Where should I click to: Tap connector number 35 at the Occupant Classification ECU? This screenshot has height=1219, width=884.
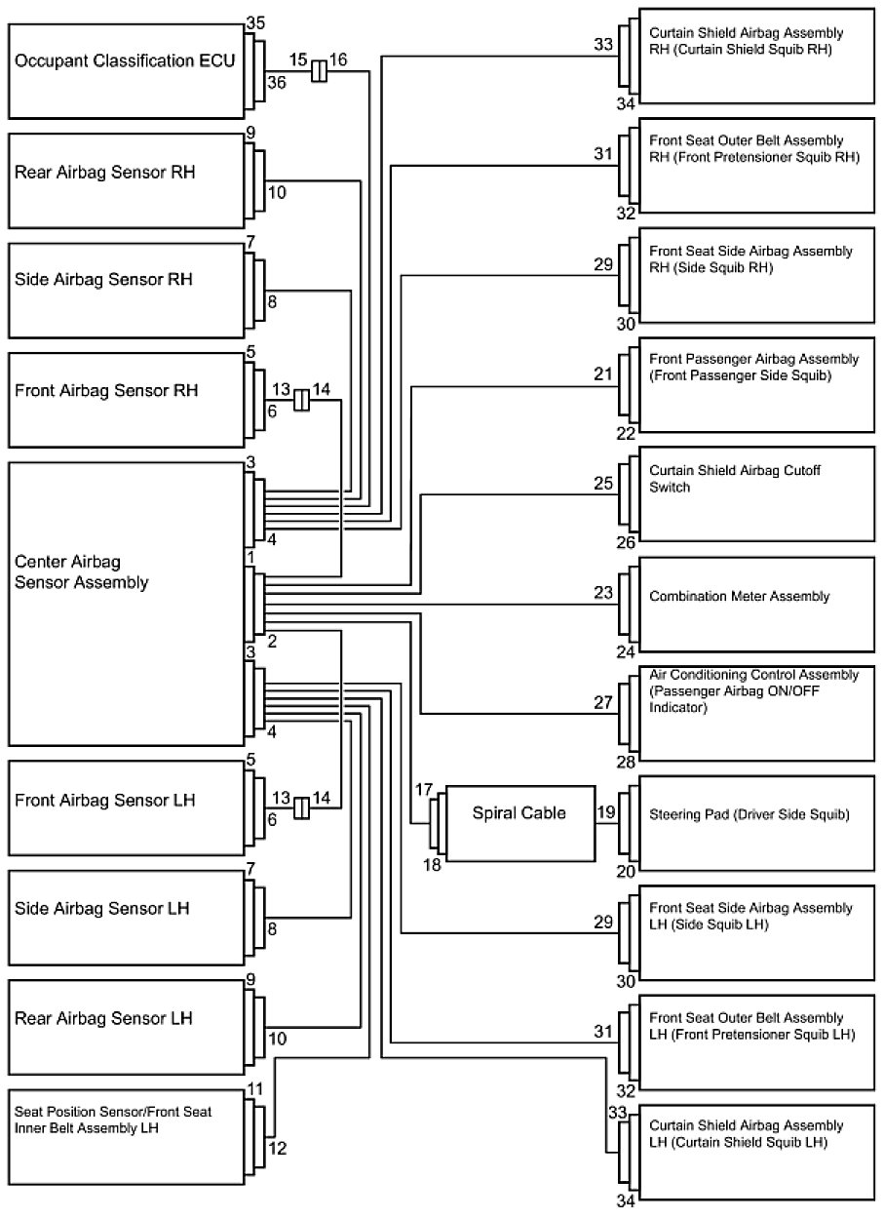tap(255, 22)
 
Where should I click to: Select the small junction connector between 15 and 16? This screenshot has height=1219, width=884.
tap(318, 71)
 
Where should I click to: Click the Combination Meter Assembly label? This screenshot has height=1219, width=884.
tap(740, 597)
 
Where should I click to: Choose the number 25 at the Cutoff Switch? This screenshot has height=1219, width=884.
tap(603, 482)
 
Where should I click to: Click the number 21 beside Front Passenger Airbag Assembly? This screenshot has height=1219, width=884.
tap(603, 374)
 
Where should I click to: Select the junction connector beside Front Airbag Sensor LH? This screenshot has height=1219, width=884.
tap(302, 807)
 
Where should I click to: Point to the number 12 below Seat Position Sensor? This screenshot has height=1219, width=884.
tap(277, 1148)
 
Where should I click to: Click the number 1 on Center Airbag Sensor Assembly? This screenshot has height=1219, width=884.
tap(250, 558)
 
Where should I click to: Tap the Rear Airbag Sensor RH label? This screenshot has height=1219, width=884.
tap(105, 173)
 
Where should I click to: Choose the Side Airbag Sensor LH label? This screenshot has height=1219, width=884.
tap(102, 908)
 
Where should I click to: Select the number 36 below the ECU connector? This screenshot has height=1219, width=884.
tap(277, 83)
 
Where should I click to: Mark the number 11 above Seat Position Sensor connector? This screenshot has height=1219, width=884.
tap(255, 1088)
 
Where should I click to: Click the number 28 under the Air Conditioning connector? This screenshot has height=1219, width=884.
tap(627, 761)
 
